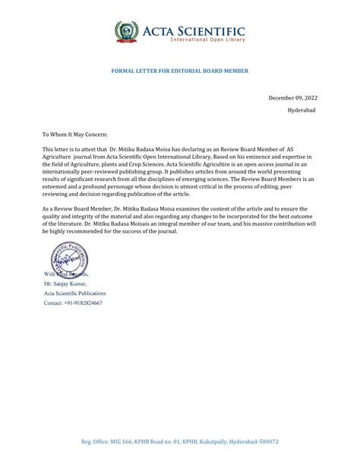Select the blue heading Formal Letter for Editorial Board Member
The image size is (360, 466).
click(180, 71)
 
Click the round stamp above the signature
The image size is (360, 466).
click(69, 258)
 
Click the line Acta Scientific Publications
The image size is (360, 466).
click(75, 293)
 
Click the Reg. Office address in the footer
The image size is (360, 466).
click(180, 442)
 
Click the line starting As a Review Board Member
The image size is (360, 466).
click(175, 208)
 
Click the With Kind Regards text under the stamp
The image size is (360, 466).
click(66, 274)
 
